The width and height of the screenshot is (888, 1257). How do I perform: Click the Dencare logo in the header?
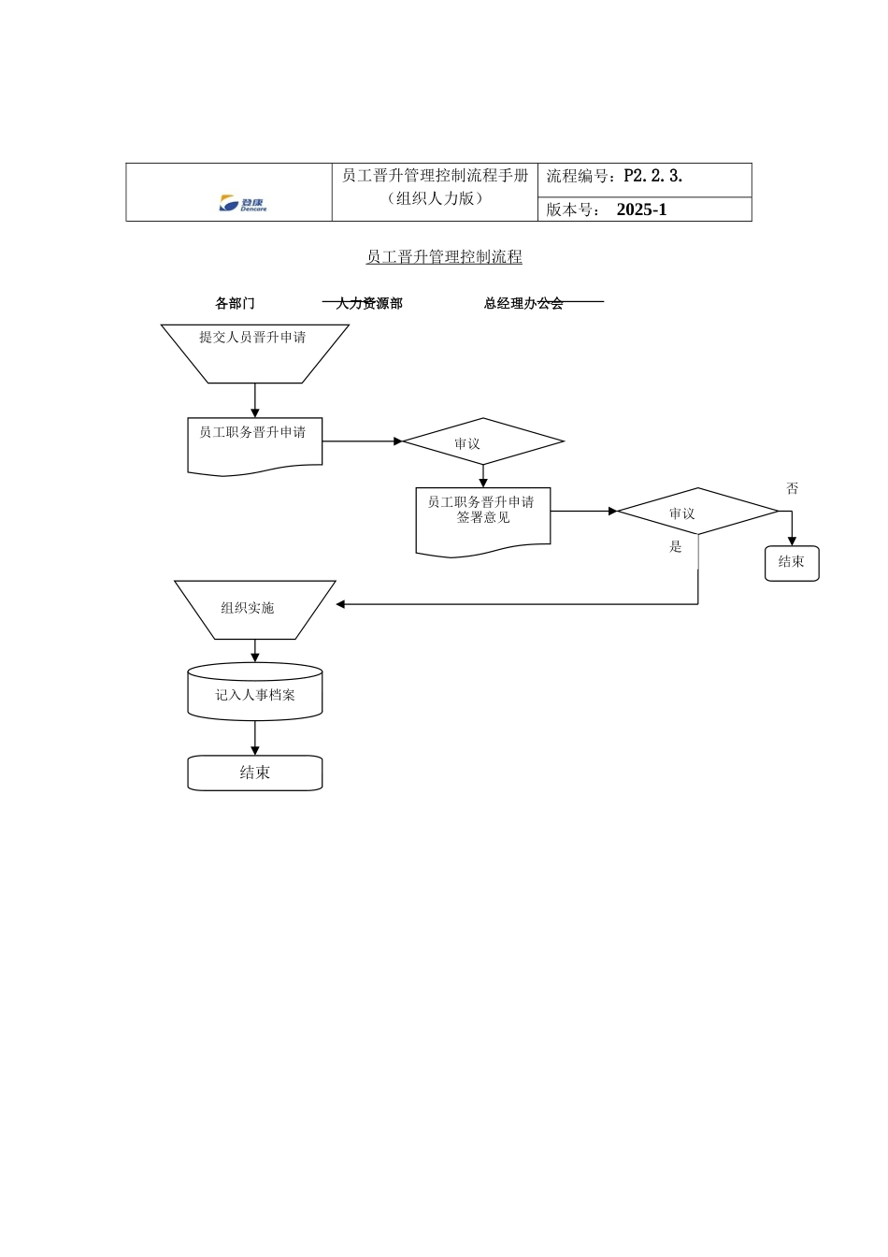(242, 204)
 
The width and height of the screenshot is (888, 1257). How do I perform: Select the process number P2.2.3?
(652, 176)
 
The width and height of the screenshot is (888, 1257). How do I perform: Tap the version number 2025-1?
(641, 209)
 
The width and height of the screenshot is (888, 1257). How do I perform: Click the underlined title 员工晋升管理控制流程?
(444, 257)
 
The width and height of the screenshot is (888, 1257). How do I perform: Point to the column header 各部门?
(235, 303)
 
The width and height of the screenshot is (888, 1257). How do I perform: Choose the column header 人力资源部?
(369, 303)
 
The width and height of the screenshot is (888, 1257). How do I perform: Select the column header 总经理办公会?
(523, 303)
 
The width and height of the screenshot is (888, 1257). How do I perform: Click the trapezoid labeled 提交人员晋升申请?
(254, 353)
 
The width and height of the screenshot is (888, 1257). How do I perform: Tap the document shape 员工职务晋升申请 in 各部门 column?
(254, 444)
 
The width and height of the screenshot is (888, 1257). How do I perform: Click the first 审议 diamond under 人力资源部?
(482, 441)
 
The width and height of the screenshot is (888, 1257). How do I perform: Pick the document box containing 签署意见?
(482, 520)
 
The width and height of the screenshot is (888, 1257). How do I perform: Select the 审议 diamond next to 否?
(697, 512)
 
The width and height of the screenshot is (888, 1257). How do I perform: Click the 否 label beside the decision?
(793, 488)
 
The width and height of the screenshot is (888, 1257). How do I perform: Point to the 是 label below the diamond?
(676, 547)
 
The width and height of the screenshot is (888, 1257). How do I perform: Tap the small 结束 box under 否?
(792, 563)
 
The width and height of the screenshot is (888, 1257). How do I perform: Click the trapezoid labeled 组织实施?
(254, 609)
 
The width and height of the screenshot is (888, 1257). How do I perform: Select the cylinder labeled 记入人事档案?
(254, 694)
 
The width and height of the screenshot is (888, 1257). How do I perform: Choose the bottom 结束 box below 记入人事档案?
(254, 773)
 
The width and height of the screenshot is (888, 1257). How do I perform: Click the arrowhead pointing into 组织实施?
(341, 604)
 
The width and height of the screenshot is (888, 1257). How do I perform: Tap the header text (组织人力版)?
(435, 198)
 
